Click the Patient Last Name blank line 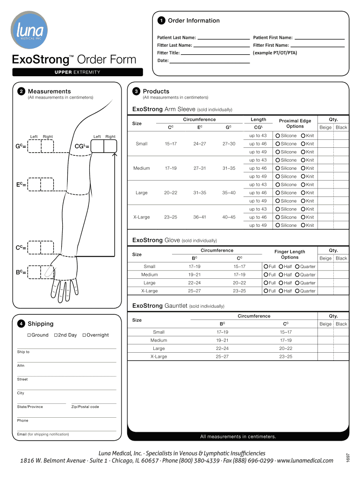click(x=223, y=38)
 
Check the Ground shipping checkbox click(x=29, y=335)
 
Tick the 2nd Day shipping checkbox click(x=56, y=335)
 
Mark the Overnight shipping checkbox click(x=84, y=335)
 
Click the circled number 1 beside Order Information click(x=161, y=21)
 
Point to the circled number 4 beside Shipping click(x=21, y=324)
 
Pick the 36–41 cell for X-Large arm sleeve click(x=200, y=217)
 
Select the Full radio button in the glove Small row click(x=266, y=267)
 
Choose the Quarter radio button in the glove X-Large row click(x=297, y=291)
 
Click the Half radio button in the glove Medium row click(x=281, y=275)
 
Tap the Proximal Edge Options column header click(x=295, y=123)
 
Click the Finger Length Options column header click(x=290, y=254)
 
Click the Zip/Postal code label click(x=85, y=407)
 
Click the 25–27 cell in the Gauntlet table click(x=222, y=356)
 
